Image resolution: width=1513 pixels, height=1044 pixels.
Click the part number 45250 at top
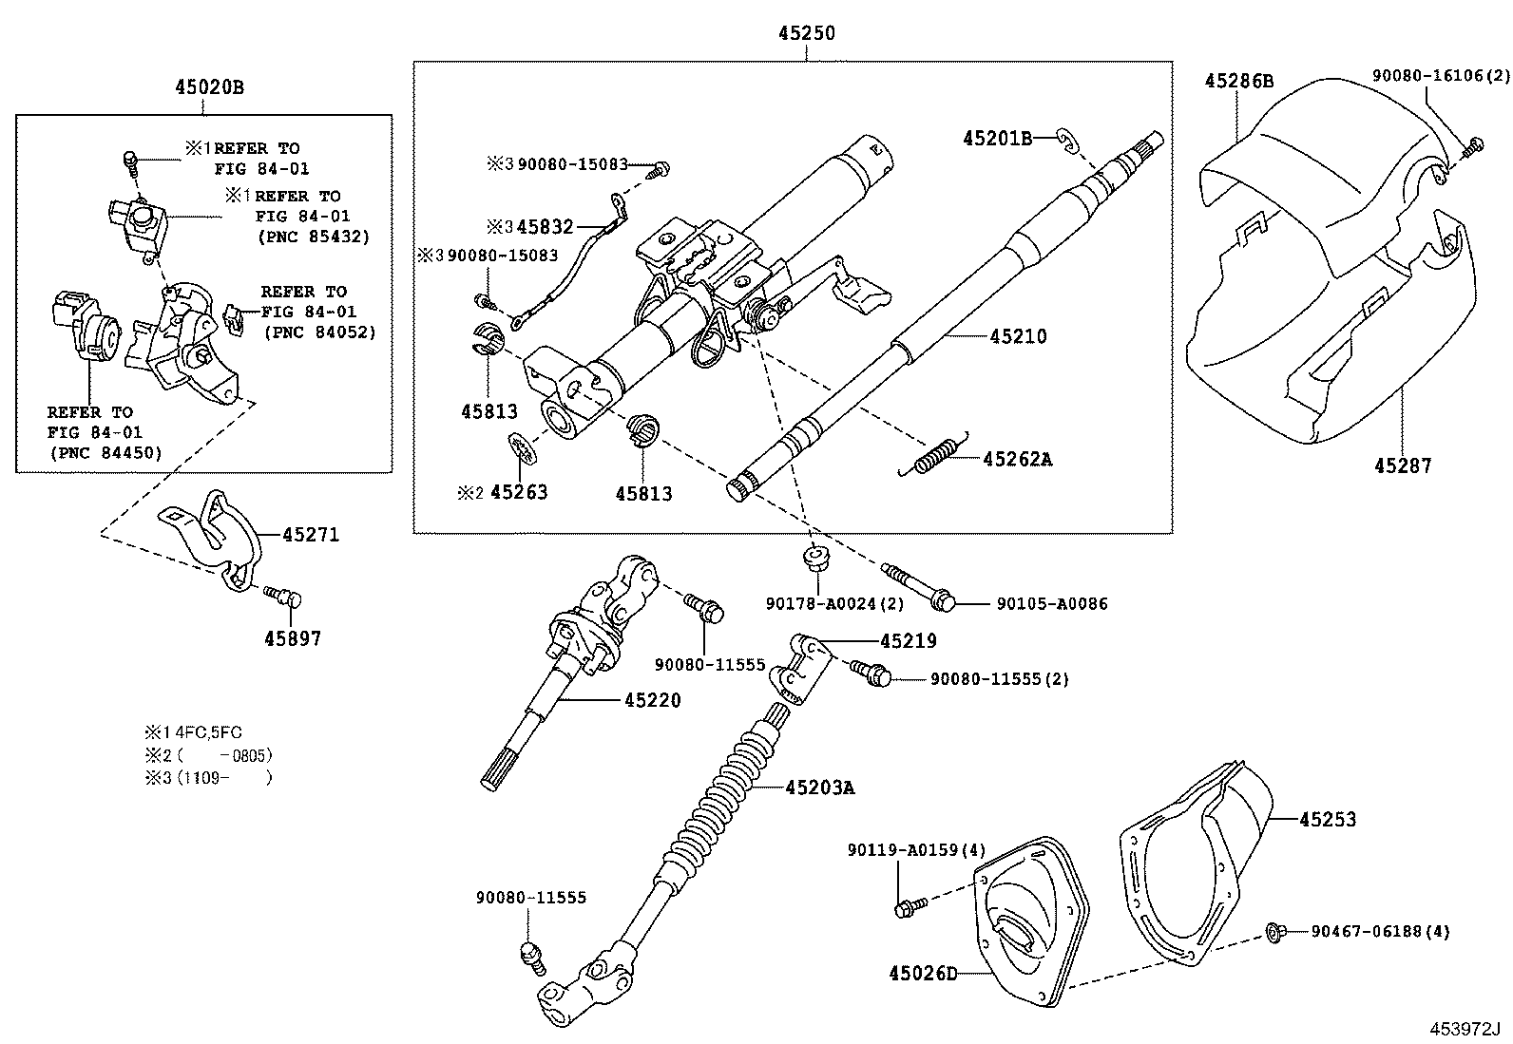pos(806,33)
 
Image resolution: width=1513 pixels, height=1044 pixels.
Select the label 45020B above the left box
pos(209,87)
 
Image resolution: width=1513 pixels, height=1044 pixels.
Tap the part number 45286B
pos(1239,81)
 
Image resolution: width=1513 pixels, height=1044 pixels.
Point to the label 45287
pos(1402,465)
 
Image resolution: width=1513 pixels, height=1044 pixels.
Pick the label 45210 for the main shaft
pos(1018,336)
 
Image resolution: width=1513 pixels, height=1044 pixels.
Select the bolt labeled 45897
pos(282,596)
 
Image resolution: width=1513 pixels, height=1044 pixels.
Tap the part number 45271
pos(311,535)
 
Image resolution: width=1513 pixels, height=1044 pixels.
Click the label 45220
pos(653,701)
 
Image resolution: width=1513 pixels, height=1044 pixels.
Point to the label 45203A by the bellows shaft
pos(819,788)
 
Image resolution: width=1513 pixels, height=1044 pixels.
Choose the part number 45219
pos(908,641)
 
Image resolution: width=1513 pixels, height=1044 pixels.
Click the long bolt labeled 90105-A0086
pos(916,585)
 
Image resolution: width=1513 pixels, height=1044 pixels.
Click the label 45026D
pos(923,974)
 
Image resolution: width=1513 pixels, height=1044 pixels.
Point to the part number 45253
pos(1328,819)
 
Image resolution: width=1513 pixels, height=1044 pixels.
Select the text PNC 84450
pos(105,452)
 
